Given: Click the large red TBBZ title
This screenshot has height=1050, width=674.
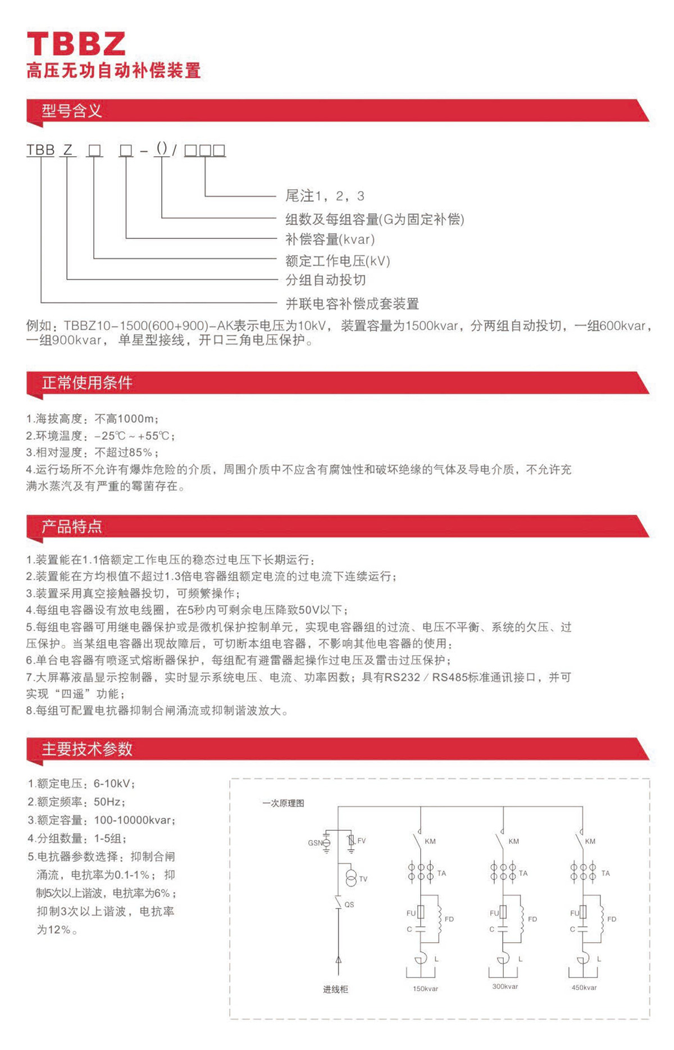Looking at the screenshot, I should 76,43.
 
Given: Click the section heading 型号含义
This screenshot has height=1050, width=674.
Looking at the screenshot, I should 71,111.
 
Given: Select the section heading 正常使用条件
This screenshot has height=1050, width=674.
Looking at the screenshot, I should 86,383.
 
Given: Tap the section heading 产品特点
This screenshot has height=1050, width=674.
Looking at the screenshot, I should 71,526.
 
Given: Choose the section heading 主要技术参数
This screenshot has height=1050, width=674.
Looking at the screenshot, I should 86,749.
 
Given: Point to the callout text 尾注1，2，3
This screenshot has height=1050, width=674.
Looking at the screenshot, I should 325,196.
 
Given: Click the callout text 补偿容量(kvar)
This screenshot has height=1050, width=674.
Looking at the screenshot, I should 330,239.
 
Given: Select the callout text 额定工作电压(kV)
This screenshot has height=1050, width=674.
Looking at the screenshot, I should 338,261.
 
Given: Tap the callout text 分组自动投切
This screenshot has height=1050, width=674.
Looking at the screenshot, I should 326,280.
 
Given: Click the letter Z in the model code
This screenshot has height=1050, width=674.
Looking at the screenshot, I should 68,150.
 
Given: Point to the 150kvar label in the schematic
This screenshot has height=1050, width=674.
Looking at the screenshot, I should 425,988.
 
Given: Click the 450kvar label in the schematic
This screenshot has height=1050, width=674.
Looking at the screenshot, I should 584,987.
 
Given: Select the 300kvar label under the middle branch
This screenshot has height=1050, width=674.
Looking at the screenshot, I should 505,986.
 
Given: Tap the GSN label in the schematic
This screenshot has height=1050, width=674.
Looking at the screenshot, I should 315,843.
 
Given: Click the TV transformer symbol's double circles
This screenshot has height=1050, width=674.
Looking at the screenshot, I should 351,878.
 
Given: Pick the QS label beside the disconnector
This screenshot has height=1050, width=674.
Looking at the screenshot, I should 349,904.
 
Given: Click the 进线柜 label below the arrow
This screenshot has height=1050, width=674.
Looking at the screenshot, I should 335,989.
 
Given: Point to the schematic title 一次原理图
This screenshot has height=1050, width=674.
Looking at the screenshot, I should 283,803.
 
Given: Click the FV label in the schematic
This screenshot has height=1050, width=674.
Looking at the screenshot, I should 361,841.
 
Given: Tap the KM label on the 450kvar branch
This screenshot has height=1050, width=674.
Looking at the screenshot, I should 590,841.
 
